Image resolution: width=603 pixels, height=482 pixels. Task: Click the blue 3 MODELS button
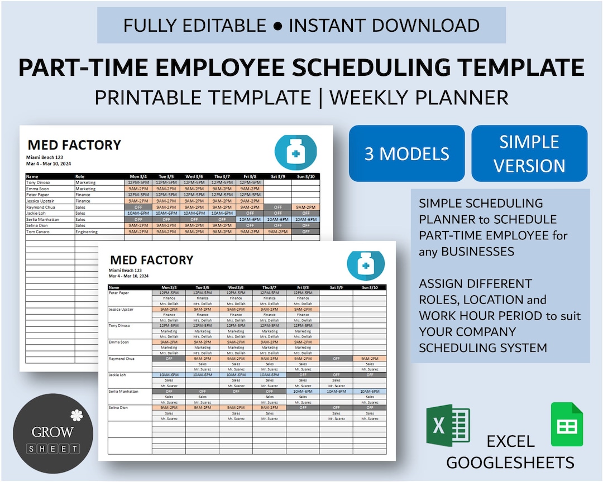[x=406, y=153]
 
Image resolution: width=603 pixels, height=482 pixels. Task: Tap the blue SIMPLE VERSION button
[x=529, y=153]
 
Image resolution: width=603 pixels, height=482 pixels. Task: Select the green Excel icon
[x=448, y=426]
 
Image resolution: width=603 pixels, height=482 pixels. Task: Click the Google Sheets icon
[x=567, y=425]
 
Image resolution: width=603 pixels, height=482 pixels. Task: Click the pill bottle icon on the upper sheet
[x=295, y=152]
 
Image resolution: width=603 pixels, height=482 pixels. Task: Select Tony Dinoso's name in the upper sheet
[x=38, y=182]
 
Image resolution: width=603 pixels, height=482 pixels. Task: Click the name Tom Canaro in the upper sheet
[x=37, y=232]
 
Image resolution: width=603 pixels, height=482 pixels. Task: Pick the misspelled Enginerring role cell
[x=87, y=232]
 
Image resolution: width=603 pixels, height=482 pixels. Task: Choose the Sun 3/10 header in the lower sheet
[x=369, y=287]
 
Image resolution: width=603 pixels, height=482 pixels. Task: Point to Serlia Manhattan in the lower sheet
[x=124, y=392]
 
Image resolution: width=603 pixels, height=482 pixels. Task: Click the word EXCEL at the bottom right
[x=510, y=442]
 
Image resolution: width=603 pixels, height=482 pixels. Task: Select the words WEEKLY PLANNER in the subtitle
[x=419, y=97]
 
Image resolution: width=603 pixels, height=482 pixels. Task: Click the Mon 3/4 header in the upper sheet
[x=138, y=176]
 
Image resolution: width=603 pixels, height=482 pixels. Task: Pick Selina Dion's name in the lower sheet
[x=118, y=408]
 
